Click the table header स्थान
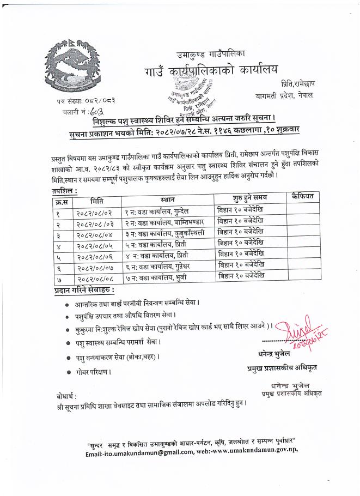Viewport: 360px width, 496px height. coord(168,200)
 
